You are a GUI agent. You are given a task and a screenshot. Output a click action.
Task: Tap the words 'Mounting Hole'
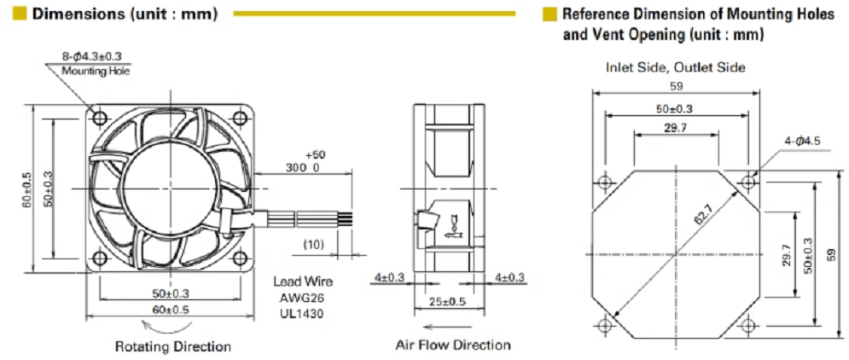point(96,72)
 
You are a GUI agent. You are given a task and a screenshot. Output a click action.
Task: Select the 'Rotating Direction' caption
point(173,346)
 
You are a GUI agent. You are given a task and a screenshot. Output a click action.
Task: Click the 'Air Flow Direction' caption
point(453,345)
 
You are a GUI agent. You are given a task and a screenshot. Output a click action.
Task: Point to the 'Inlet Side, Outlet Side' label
point(675,67)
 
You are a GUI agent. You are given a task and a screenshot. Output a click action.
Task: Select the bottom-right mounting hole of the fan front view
point(244,258)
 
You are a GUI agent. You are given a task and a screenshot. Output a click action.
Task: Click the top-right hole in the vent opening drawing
point(748,181)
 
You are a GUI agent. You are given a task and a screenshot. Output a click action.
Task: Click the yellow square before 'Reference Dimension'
point(550,15)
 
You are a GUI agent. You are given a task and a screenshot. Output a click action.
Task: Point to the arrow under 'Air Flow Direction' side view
point(443,325)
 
